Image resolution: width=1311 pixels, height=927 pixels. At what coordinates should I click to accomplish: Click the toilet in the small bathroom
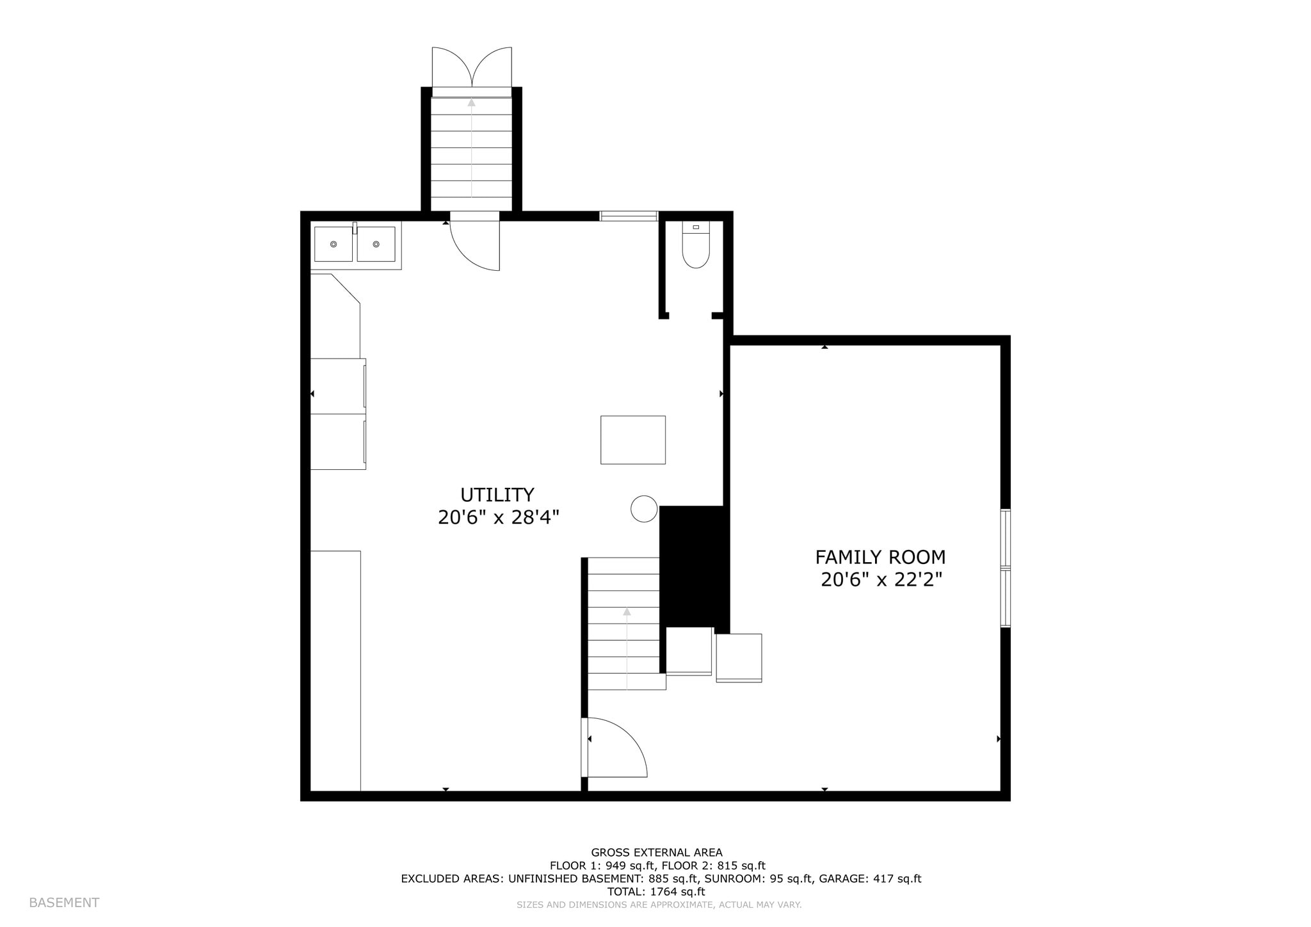click(696, 246)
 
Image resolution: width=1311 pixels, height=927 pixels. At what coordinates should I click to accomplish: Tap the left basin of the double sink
click(334, 244)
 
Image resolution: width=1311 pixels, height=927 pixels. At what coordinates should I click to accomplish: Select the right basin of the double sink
click(376, 244)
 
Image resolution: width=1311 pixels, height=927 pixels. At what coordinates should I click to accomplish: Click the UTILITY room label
click(497, 495)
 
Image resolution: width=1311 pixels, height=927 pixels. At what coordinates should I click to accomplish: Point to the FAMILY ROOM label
click(880, 557)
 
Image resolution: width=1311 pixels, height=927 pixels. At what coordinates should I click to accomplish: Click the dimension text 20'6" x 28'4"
click(499, 517)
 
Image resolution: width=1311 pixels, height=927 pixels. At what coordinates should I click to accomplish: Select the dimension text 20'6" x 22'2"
click(881, 580)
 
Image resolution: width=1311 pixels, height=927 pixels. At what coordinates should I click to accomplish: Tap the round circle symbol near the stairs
click(644, 509)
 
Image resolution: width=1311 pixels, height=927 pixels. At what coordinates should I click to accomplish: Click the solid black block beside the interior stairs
click(694, 567)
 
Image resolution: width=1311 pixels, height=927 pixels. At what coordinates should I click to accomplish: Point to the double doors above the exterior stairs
click(472, 68)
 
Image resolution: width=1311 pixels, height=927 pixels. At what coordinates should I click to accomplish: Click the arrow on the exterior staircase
click(472, 147)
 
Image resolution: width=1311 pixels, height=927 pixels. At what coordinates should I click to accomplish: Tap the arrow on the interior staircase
click(627, 640)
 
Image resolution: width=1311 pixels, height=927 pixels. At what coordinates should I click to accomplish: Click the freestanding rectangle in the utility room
click(633, 440)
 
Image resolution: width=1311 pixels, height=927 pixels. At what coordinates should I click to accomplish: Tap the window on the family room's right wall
click(1006, 568)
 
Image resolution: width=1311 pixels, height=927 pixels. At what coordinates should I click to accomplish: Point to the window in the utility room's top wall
click(629, 216)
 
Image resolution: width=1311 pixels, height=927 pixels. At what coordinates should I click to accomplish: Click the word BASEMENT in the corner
click(64, 903)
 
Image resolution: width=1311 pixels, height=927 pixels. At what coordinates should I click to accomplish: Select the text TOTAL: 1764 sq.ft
click(656, 891)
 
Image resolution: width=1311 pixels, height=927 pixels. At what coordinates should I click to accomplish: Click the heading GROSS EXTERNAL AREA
click(656, 852)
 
